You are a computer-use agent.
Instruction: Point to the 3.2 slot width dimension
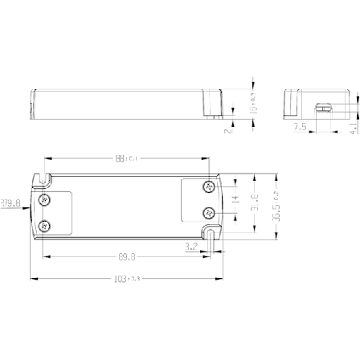click(192, 246)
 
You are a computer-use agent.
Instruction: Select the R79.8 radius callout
click(10, 203)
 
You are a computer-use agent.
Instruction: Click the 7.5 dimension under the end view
click(299, 127)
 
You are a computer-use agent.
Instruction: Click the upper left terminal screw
click(44, 198)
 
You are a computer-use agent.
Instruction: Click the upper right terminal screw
click(208, 186)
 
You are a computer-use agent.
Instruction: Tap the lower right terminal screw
click(208, 213)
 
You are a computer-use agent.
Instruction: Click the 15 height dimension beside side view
click(253, 102)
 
